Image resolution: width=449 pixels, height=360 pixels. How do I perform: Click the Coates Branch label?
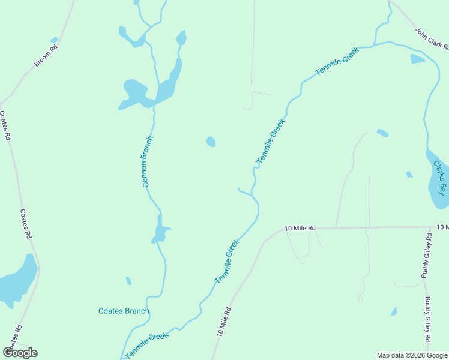(124, 311)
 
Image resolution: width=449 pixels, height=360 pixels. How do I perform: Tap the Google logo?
(20, 353)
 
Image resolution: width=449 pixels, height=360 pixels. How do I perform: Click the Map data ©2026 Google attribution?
(412, 355)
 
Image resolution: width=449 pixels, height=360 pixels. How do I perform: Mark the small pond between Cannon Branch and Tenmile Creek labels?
(211, 142)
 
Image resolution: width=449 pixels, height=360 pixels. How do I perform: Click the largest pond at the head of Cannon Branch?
(135, 93)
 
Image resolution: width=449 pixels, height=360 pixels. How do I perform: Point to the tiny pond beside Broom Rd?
(55, 40)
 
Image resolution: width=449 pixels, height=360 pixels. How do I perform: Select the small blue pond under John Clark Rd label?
(417, 59)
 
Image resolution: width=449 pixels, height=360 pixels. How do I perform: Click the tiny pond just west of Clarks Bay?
(409, 175)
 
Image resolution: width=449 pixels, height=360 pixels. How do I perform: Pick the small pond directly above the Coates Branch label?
(128, 281)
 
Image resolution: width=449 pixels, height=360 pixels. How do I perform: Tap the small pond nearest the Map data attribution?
(394, 311)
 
